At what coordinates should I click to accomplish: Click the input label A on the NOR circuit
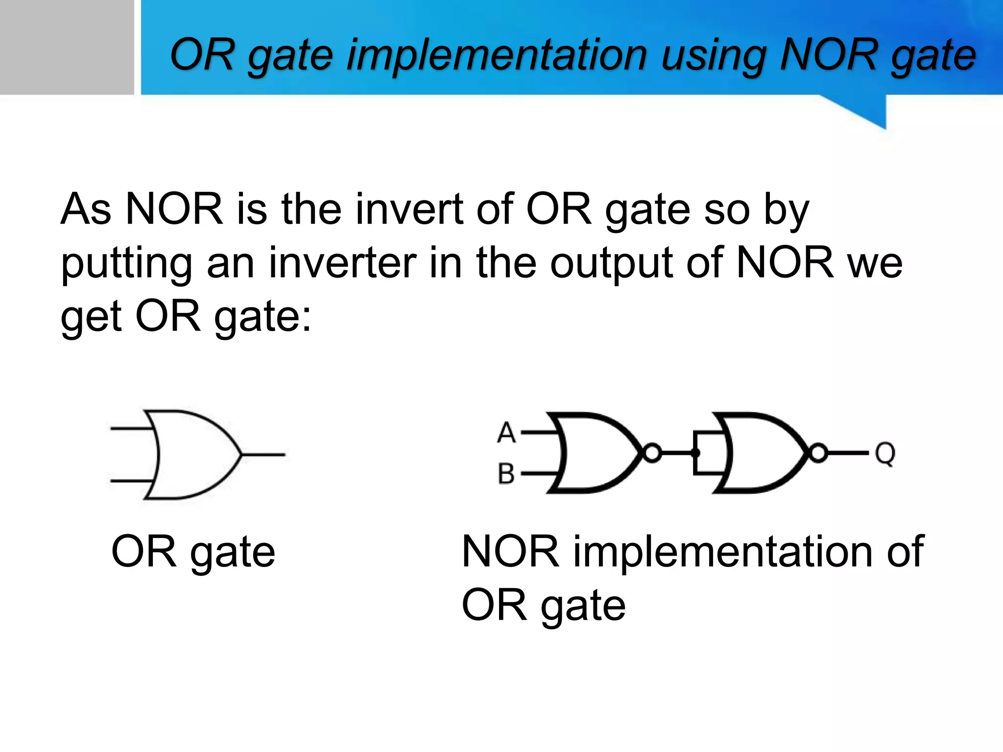[506, 433]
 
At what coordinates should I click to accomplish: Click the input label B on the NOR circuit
[506, 474]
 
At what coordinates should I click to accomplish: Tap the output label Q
[885, 453]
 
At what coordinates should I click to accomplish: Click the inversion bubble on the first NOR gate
[652, 453]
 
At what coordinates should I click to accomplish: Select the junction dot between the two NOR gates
[695, 453]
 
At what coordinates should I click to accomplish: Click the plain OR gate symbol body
[191, 454]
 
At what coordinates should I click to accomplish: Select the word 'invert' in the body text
[409, 210]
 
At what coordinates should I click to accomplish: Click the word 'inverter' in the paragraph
[342, 263]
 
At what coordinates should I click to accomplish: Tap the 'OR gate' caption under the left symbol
[193, 552]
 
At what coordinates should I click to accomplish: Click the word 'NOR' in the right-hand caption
[510, 551]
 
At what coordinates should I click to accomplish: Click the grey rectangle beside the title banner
[67, 47]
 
